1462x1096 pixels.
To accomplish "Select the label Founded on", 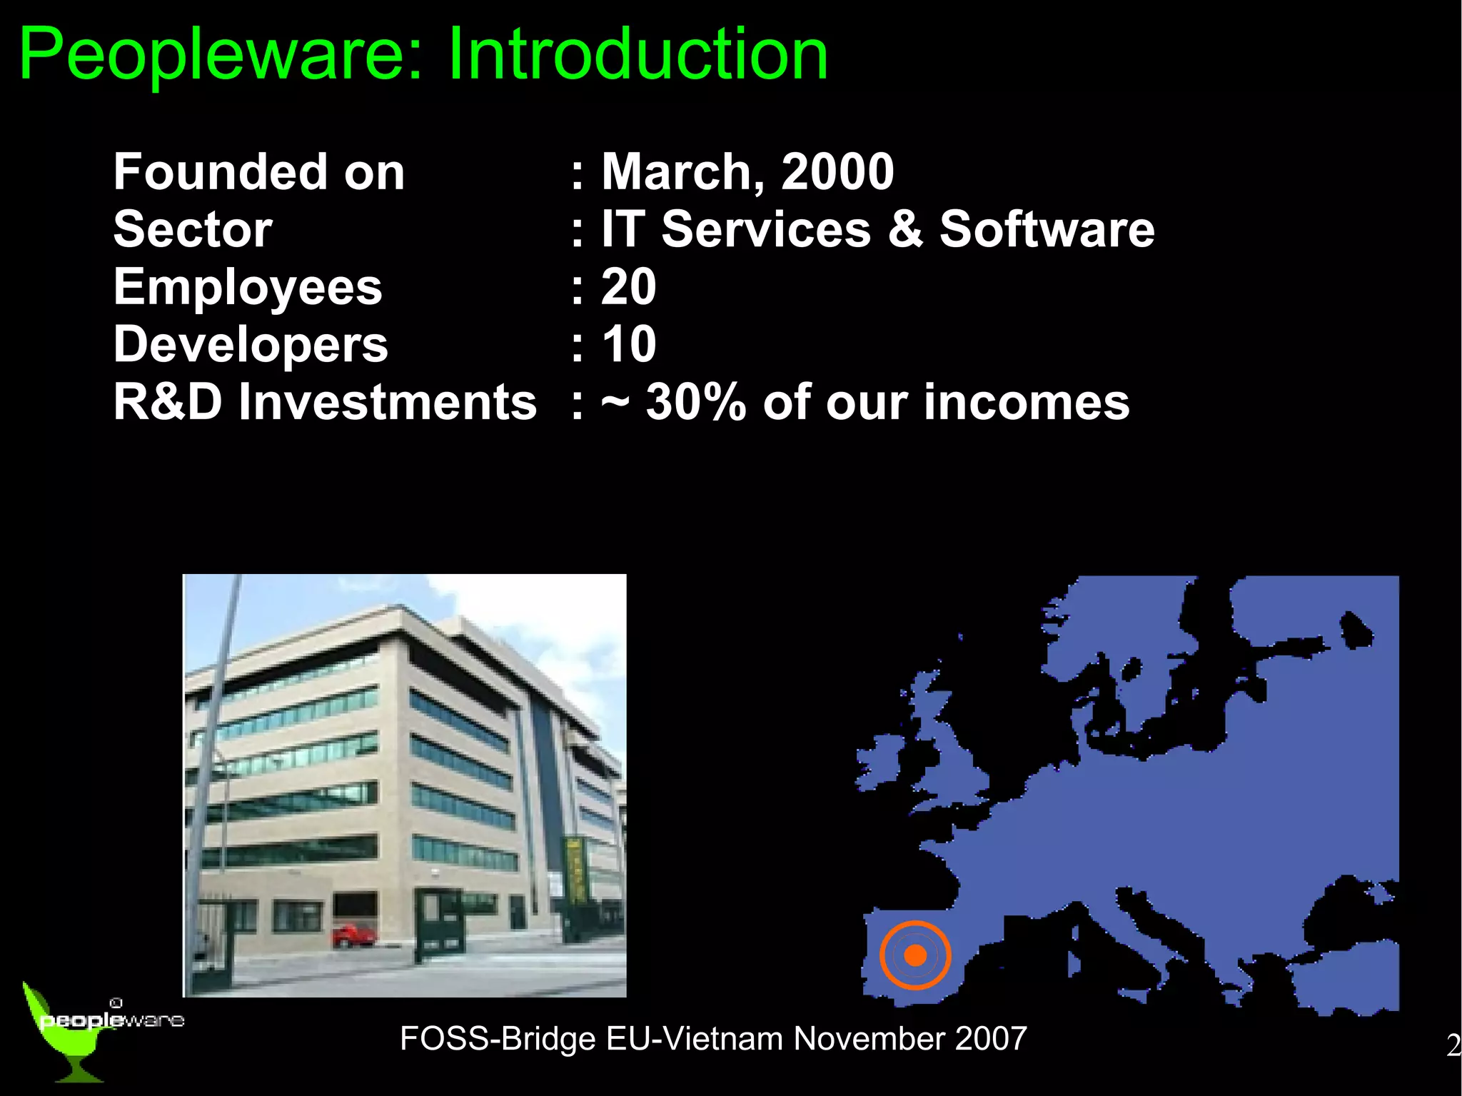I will tap(259, 172).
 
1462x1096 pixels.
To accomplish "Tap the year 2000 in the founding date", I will tap(837, 172).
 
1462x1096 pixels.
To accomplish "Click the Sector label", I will tap(193, 229).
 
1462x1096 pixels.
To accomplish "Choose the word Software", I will tap(1047, 229).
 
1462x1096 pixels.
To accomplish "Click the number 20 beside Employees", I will tap(628, 287).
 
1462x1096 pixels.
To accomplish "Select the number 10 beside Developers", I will tap(628, 344).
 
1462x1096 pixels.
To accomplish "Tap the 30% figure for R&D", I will tap(696, 402).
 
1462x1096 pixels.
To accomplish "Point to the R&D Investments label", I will tap(325, 402).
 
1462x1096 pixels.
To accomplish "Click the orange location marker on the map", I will tap(915, 955).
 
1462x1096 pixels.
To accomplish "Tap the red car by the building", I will tap(353, 935).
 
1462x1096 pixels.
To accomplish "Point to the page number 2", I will tap(1453, 1046).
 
